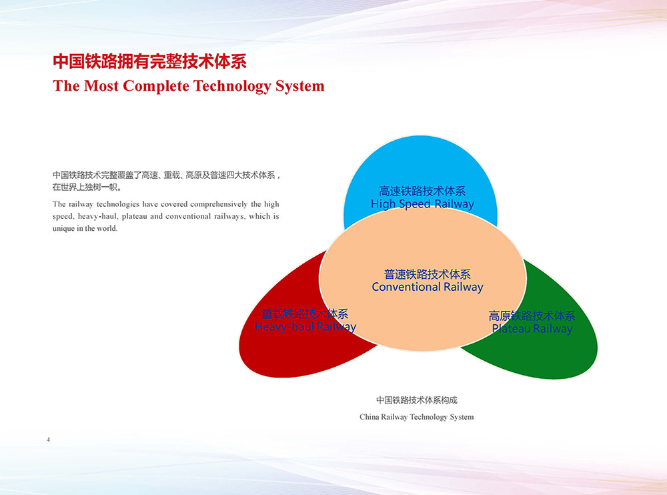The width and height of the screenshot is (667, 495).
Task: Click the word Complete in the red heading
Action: [155, 86]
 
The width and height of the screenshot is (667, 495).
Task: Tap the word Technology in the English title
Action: [232, 86]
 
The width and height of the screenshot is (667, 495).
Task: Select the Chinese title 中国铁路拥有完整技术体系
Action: [149, 62]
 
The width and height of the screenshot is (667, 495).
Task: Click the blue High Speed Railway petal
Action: [420, 170]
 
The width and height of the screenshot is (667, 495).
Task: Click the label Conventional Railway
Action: [428, 288]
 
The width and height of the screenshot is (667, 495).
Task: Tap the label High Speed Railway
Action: [422, 204]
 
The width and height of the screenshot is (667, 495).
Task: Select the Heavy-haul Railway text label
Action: [305, 327]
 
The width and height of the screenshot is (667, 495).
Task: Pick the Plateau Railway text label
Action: [532, 329]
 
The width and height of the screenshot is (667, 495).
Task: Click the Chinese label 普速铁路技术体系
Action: [428, 274]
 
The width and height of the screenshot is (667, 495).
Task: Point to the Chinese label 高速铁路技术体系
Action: [422, 191]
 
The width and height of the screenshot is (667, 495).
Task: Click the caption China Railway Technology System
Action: [416, 417]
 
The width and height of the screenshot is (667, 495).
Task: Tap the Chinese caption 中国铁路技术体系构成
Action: [417, 400]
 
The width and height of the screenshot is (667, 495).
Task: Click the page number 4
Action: [49, 439]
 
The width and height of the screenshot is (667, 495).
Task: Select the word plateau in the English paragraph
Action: [134, 217]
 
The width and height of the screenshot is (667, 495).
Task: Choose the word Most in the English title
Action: [101, 86]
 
